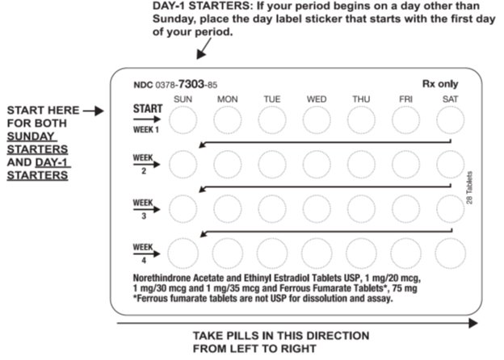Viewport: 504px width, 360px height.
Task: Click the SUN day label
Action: [183, 99]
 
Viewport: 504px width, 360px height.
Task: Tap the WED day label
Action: [316, 99]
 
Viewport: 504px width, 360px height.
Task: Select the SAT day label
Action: [450, 99]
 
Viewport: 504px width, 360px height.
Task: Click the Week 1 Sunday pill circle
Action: [183, 121]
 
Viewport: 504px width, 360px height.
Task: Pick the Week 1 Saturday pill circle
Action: [450, 121]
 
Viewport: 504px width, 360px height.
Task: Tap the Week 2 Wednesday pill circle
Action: [316, 165]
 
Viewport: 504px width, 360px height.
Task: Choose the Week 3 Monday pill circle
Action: [227, 207]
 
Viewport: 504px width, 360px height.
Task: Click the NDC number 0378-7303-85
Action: [175, 84]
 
